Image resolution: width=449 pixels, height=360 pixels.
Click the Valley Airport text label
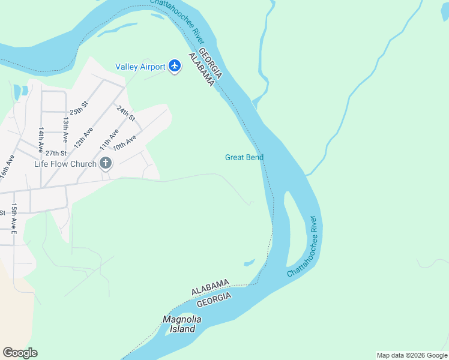pyautogui.click(x=140, y=67)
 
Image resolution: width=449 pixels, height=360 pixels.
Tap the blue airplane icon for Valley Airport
pyautogui.click(x=175, y=65)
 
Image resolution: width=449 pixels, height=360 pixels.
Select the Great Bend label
pyautogui.click(x=244, y=157)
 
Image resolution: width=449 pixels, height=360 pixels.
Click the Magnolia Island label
pyautogui.click(x=182, y=324)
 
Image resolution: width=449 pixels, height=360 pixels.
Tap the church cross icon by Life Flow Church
pyautogui.click(x=106, y=163)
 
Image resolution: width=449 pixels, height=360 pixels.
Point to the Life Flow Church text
pyautogui.click(x=65, y=164)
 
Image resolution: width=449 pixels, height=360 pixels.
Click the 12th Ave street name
pyautogui.click(x=83, y=138)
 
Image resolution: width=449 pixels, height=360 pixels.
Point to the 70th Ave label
pyautogui.click(x=125, y=144)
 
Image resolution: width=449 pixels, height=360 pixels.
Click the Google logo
pyautogui.click(x=20, y=353)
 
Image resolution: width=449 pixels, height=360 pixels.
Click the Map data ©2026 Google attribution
pyautogui.click(x=412, y=355)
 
